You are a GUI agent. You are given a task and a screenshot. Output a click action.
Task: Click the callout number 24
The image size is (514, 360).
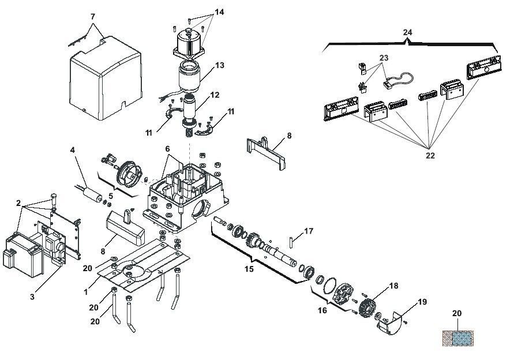407,32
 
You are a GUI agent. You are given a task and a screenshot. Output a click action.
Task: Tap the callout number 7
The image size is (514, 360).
93,16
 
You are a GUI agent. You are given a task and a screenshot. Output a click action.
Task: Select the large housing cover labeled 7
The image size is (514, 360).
106,78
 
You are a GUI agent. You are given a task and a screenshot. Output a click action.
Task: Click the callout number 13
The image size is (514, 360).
220,65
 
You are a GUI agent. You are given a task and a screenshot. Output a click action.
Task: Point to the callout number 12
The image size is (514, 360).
215,95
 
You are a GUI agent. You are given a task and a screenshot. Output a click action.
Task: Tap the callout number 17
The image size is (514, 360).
309,231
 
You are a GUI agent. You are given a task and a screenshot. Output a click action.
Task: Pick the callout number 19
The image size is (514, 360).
422,302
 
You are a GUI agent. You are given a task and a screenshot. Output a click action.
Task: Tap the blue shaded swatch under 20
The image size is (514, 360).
463,338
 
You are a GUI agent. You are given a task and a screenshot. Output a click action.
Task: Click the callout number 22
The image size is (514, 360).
430,155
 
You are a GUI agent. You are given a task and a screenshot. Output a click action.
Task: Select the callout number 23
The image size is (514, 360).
384,58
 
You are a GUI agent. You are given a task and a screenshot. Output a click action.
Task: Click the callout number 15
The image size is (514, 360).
249,269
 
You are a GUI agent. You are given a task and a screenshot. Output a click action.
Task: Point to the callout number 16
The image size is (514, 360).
322,310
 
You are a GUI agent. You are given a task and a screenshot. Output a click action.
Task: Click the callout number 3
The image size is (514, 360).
32,297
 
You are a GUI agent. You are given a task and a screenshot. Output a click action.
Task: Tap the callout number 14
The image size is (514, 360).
219,12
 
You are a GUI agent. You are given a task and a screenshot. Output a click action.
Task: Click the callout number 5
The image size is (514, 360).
111,196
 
